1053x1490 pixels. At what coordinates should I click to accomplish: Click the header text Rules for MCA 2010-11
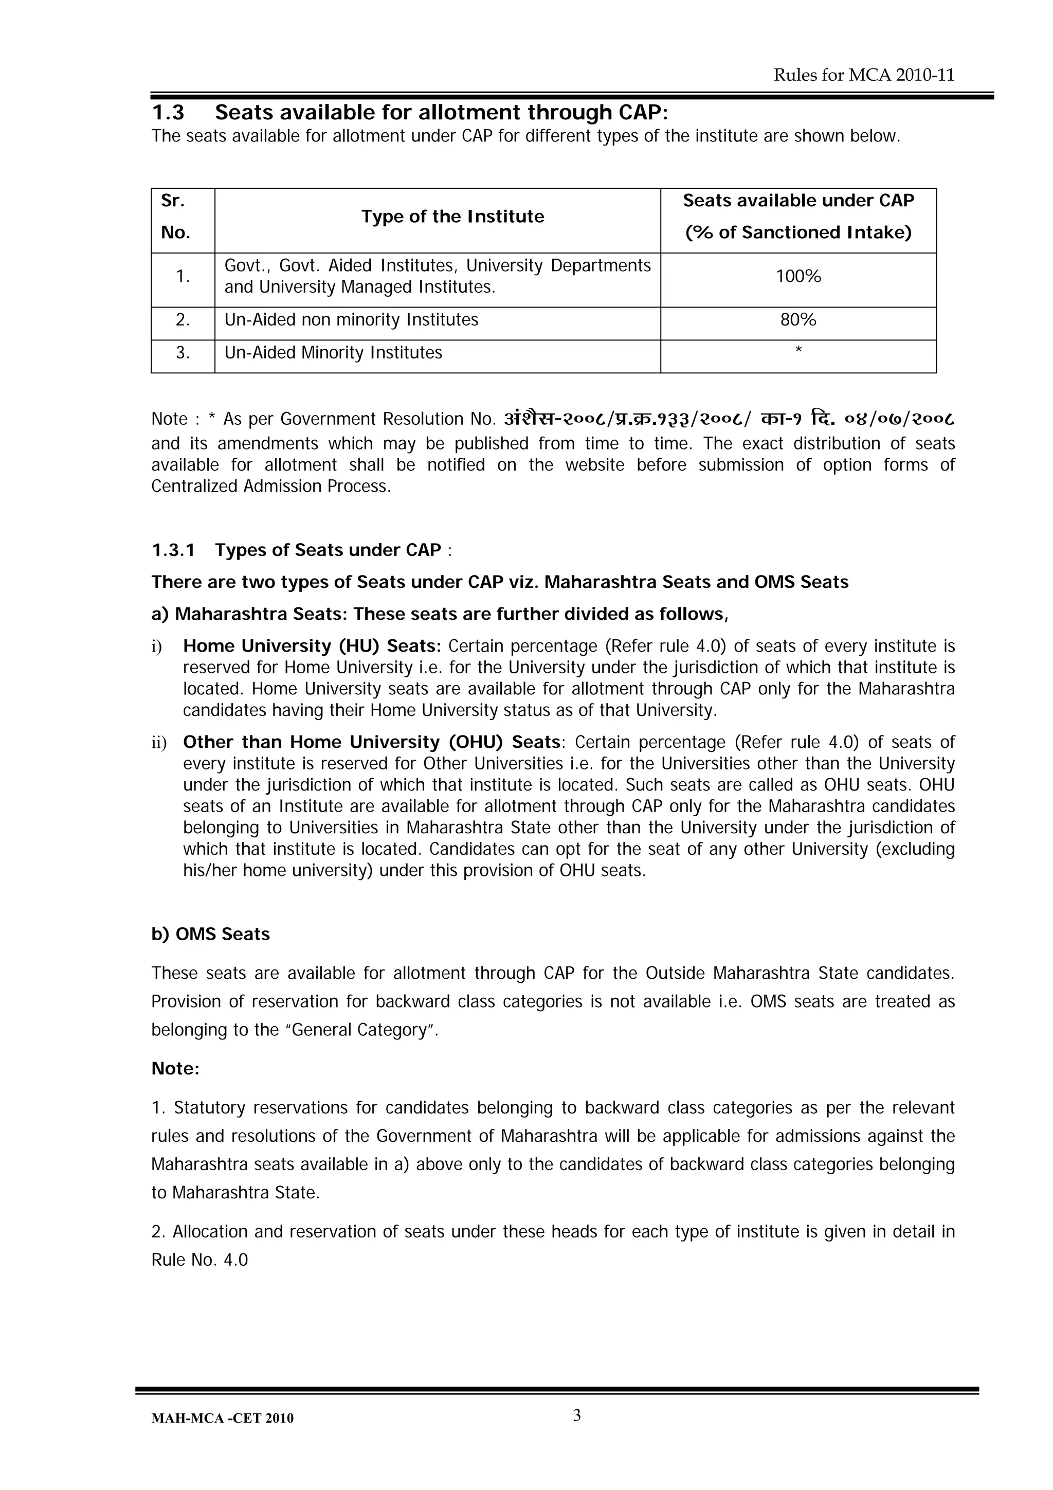864,75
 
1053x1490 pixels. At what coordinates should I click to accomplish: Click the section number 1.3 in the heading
168,113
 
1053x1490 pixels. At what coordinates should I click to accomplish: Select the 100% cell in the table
798,277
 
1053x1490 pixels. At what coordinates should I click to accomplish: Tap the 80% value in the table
798,320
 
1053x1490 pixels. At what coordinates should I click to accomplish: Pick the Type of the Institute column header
452,217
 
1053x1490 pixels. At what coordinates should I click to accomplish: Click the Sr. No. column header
175,217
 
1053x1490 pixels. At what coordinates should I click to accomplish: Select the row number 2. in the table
183,320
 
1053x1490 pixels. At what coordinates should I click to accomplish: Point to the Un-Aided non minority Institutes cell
351,320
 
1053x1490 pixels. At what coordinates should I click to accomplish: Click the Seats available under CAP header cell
798,217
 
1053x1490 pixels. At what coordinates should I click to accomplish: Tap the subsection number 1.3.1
173,550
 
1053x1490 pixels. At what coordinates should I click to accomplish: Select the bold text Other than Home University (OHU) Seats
372,742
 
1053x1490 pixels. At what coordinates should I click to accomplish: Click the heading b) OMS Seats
210,935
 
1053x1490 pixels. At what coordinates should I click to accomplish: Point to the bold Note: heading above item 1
175,1069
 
